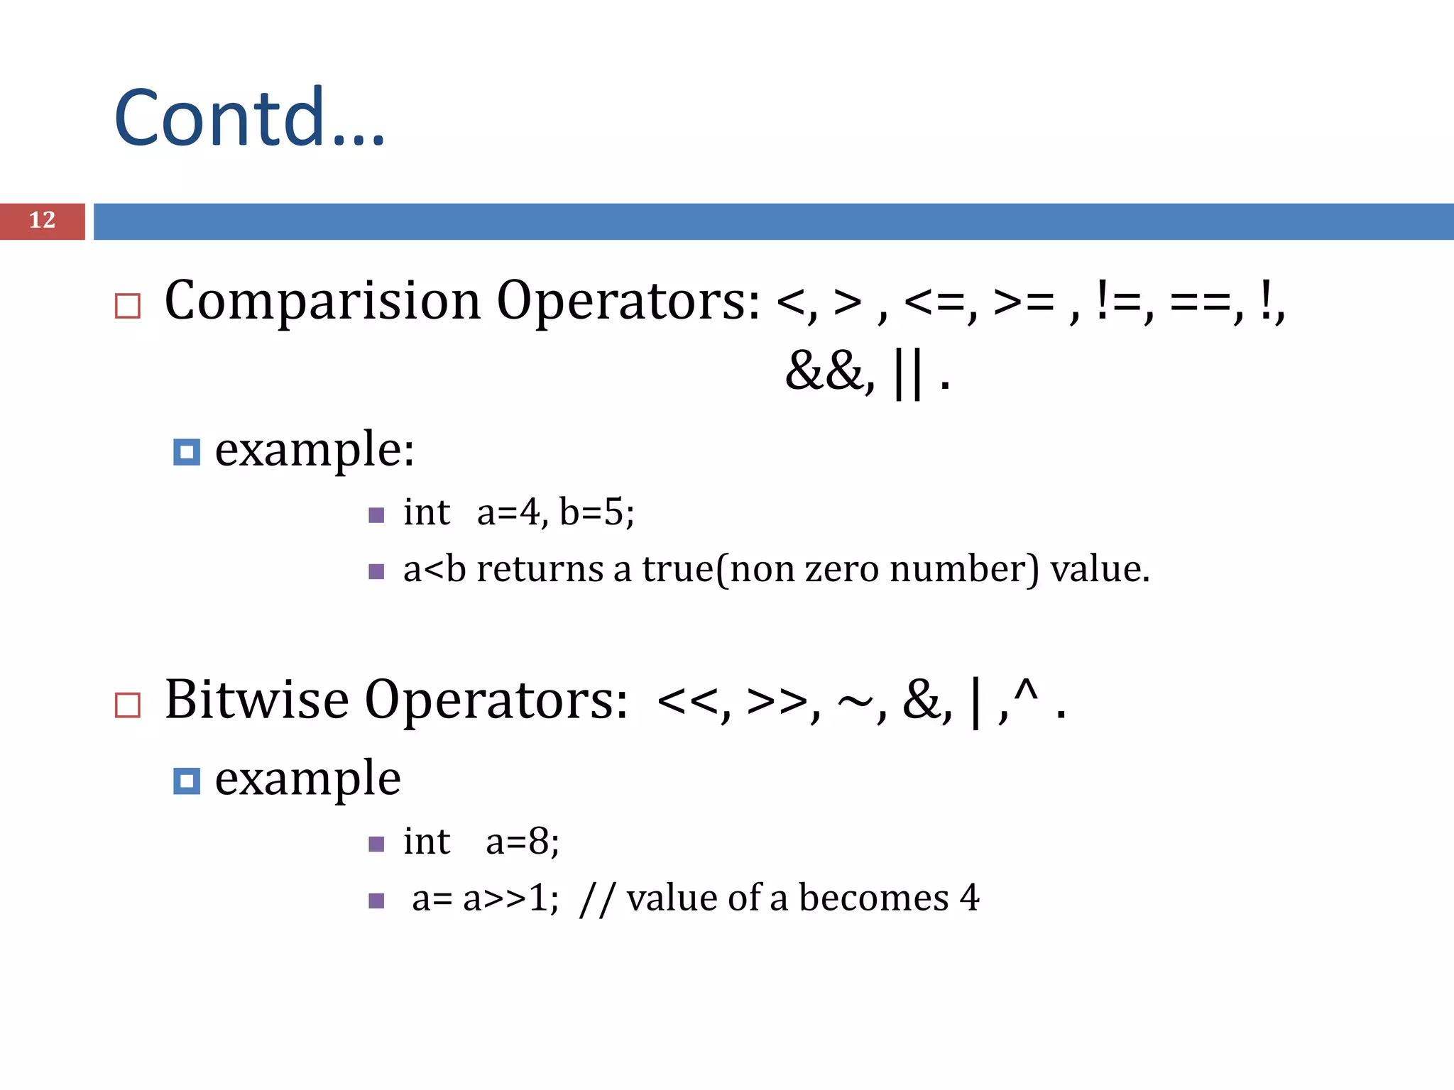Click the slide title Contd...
(248, 119)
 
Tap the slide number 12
(42, 220)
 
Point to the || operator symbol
(908, 374)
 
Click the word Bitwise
(256, 700)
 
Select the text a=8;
(523, 842)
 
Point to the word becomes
(873, 898)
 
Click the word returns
(540, 570)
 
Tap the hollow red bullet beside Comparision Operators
(128, 306)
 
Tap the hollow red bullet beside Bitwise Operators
(128, 705)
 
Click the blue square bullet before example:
(187, 452)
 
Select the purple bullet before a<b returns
(377, 571)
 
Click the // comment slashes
(596, 900)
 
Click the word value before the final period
(1095, 570)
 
